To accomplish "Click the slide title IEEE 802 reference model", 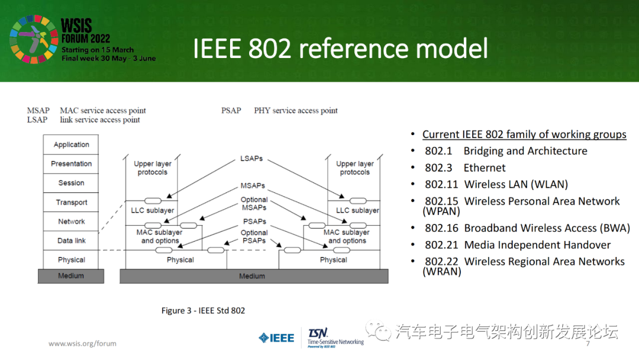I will click(340, 49).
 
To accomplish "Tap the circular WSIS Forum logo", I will click(33, 40).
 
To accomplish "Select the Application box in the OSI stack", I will click(71, 144).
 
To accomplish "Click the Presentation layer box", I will click(71, 163).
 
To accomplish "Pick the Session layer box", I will click(71, 183).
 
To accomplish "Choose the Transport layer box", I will click(71, 202).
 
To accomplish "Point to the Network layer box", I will click(71, 221).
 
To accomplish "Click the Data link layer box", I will click(71, 240).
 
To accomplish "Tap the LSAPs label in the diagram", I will click(251, 159).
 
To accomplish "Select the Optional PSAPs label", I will click(254, 237).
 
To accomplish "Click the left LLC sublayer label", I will click(152, 210).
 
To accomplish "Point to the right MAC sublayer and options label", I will click(347, 237).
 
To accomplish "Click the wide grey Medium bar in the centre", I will click(254, 276).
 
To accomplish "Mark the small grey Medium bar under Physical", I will click(71, 276).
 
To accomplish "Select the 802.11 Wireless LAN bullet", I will click(496, 184).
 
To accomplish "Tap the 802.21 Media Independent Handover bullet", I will click(517, 245).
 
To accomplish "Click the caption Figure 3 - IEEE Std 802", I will click(203, 310).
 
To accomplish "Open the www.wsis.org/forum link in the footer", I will click(82, 343).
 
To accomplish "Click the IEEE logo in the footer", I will click(276, 338).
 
